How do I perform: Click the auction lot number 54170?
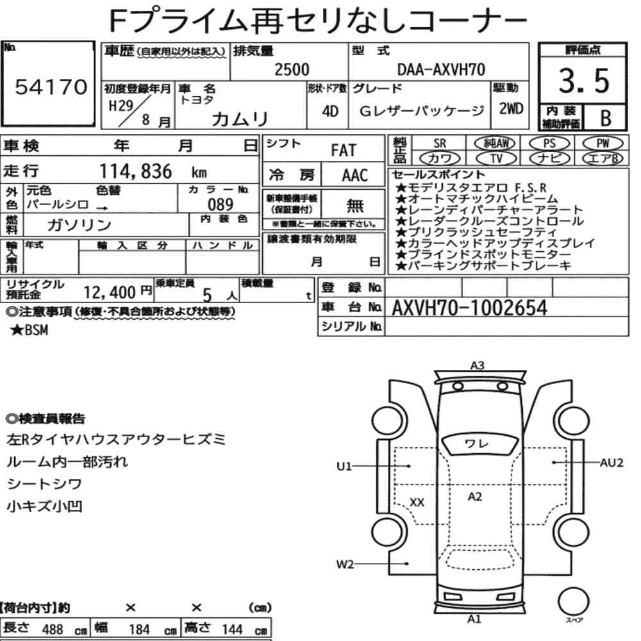click(x=51, y=87)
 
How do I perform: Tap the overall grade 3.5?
click(x=584, y=81)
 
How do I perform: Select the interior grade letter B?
click(x=606, y=118)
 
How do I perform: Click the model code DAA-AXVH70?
click(x=441, y=69)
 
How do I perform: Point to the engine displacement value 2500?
click(x=292, y=69)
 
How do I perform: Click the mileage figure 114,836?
click(x=136, y=171)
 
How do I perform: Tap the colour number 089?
click(x=221, y=204)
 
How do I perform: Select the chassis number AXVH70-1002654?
click(x=469, y=308)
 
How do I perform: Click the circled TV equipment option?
click(x=496, y=158)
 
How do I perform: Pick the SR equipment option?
click(x=440, y=144)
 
